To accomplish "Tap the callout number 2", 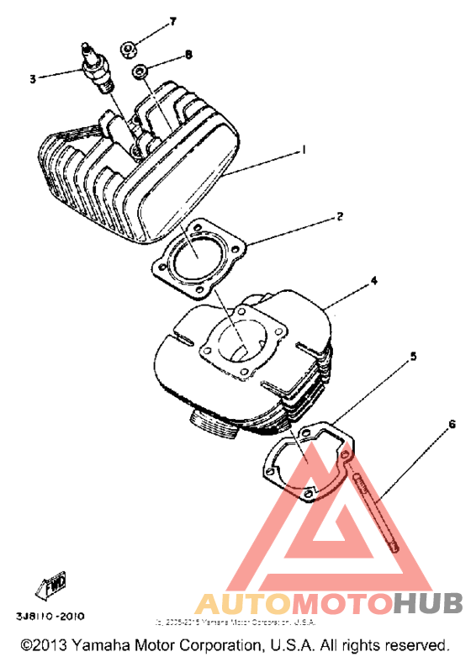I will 339,215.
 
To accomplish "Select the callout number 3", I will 33,79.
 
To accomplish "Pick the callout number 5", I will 413,357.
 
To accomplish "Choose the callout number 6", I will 452,425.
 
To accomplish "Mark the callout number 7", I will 173,20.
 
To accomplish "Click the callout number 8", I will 188,55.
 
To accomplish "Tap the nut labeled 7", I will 130,49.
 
